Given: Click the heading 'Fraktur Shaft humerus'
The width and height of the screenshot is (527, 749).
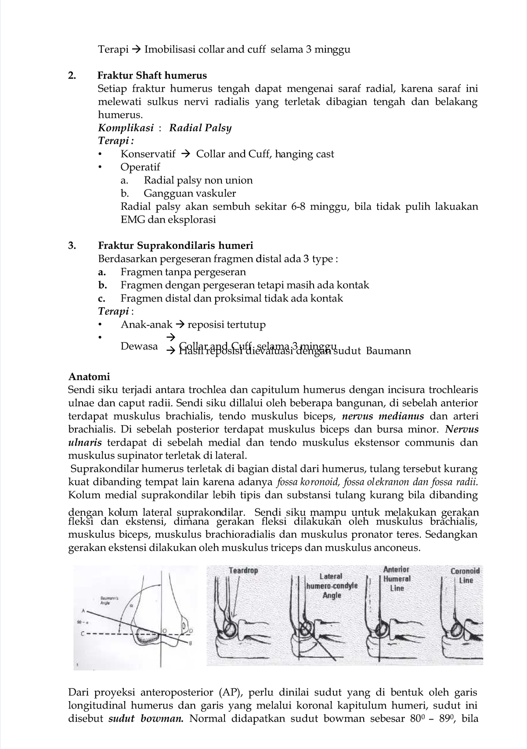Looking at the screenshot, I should tap(152, 76).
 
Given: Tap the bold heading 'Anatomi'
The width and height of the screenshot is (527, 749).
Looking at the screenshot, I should tap(89, 377).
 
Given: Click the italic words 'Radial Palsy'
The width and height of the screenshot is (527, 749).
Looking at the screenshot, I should tap(200, 128).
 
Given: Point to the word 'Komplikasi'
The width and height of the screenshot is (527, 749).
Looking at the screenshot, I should tap(126, 128).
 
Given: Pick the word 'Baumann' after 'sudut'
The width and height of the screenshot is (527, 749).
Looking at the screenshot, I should tap(388, 351).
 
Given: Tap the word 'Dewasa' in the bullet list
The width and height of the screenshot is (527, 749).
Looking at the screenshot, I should tap(139, 346).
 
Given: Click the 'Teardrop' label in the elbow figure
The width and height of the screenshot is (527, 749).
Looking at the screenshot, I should tap(243, 571).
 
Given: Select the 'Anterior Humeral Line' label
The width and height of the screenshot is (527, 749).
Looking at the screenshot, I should tap(397, 579).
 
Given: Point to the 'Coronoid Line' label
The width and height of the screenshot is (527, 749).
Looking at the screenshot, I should tap(465, 576).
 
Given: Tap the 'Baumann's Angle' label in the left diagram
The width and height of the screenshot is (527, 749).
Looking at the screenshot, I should tap(106, 601).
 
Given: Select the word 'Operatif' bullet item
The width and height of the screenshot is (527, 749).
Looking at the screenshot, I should tap(140, 167).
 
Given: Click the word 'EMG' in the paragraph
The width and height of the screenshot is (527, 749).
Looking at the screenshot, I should tap(133, 220).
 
